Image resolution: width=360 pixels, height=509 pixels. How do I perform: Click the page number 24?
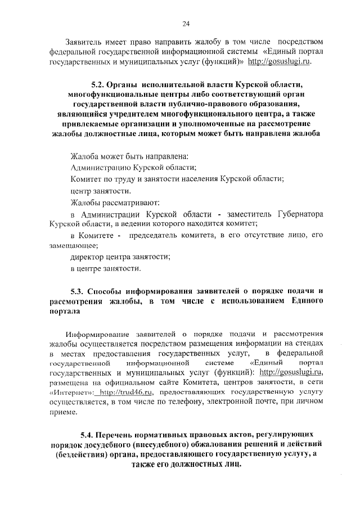[x=186, y=23]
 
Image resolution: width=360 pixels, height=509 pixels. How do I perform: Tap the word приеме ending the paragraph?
[x=62, y=413]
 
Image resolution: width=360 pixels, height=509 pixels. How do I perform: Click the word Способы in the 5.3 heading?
[x=110, y=291]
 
